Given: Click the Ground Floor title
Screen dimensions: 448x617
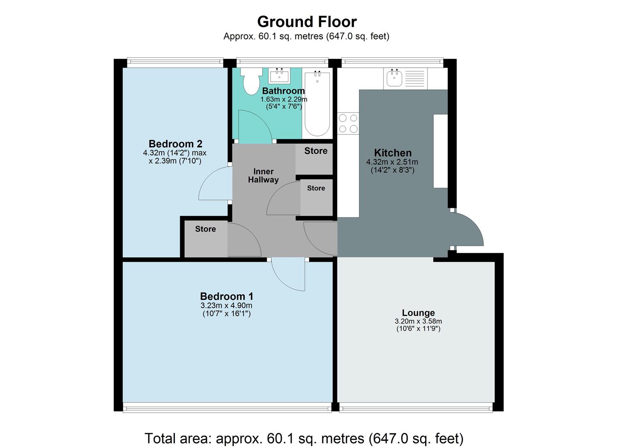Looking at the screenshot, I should point(307,22).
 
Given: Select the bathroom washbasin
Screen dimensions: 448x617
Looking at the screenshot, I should point(279,76).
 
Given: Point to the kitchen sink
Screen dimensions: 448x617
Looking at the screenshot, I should point(394,78).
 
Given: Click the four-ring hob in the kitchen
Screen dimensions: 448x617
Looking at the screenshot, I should point(348,123).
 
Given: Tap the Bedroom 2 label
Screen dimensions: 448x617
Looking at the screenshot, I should point(175,144).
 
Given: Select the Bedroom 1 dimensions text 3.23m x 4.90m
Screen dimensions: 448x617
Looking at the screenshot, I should point(226,306).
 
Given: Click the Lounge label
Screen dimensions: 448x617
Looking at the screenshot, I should point(418,313).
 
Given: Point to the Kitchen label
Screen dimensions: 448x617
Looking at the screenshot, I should point(393,153).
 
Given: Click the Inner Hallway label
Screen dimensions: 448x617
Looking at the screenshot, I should point(263,175).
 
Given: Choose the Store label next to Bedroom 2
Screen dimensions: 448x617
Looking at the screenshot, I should point(205,229).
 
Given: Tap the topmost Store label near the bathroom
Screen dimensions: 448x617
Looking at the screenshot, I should point(316,151).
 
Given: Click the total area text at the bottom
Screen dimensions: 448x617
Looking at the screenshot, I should point(304,438).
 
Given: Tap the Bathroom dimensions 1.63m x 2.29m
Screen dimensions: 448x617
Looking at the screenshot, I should point(284,100).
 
